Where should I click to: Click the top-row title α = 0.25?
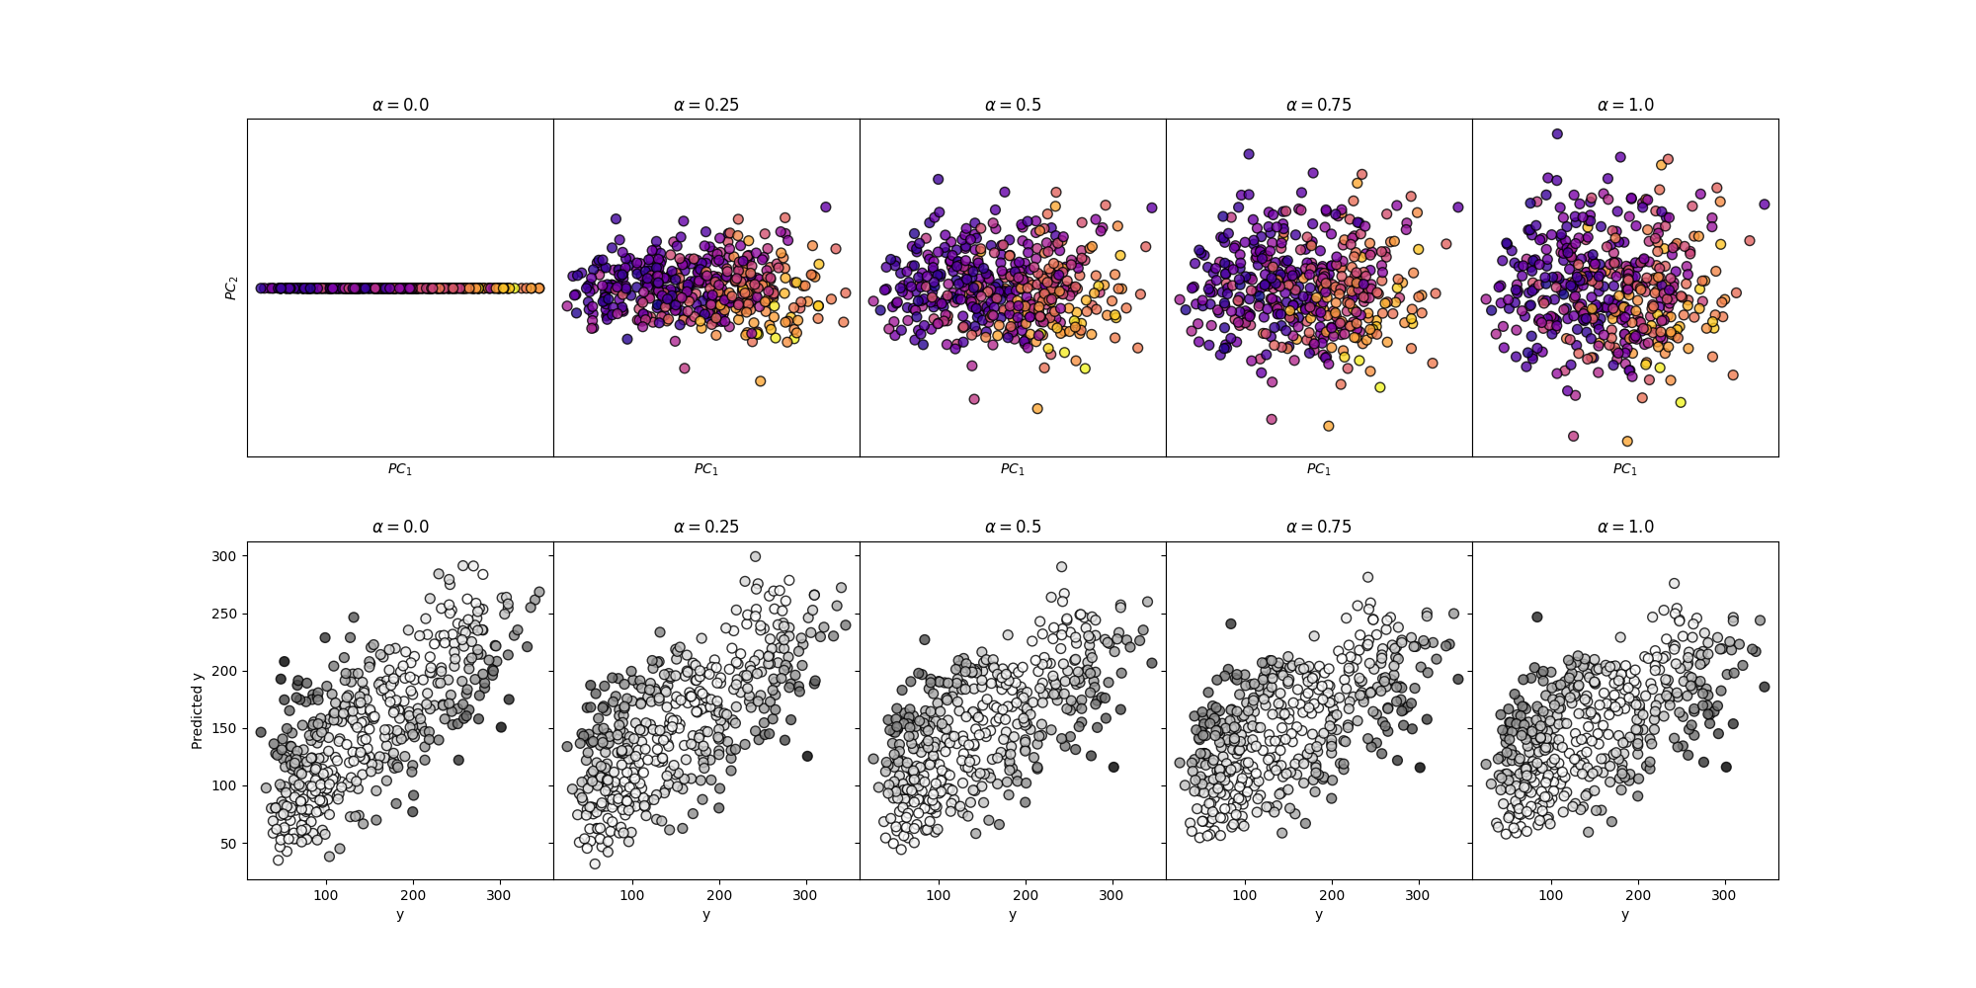click(x=705, y=105)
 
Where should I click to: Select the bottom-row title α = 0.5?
click(x=1013, y=527)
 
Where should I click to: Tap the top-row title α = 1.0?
click(x=1625, y=105)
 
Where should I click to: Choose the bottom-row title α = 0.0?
click(x=400, y=527)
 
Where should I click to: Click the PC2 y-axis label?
click(x=232, y=288)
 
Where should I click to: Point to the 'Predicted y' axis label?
click(x=198, y=710)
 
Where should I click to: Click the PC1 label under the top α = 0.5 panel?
click(x=1013, y=469)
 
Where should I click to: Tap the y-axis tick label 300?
click(x=224, y=556)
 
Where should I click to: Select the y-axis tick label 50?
click(x=228, y=844)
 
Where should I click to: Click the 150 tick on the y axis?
click(x=224, y=729)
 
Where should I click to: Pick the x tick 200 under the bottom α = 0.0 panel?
click(x=413, y=895)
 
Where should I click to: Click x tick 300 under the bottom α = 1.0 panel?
click(x=1725, y=895)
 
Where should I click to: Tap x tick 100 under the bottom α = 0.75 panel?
click(x=1245, y=895)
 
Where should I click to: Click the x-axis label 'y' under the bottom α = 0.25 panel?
click(x=706, y=915)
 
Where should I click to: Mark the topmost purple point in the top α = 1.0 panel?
click(x=1557, y=133)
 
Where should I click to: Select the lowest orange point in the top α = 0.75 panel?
click(x=1329, y=426)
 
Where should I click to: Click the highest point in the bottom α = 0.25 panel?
click(x=756, y=556)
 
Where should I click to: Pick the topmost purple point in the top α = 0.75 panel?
click(x=1249, y=154)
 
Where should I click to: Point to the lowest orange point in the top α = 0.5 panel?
click(x=1037, y=408)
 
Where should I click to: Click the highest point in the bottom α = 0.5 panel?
click(x=1062, y=567)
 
